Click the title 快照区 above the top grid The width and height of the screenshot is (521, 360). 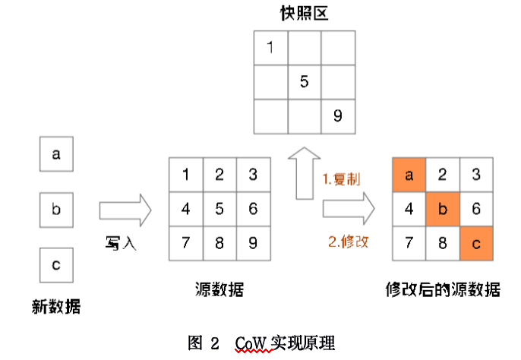click(x=304, y=13)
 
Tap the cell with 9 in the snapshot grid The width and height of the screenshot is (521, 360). click(x=337, y=116)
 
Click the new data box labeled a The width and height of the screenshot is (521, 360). click(x=56, y=155)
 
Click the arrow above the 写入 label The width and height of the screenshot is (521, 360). click(x=125, y=209)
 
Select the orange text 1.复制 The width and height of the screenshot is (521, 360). click(x=343, y=180)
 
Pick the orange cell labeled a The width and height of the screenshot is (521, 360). click(x=409, y=175)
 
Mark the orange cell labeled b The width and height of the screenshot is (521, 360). click(x=443, y=209)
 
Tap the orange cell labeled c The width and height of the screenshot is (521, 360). click(x=476, y=243)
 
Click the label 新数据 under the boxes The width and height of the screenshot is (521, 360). click(x=56, y=306)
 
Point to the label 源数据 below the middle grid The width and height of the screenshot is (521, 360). click(x=219, y=290)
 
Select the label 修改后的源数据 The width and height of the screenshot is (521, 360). click(x=443, y=290)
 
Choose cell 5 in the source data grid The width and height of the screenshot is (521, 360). click(x=219, y=209)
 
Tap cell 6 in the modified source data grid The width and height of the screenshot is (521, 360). click(x=476, y=209)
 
